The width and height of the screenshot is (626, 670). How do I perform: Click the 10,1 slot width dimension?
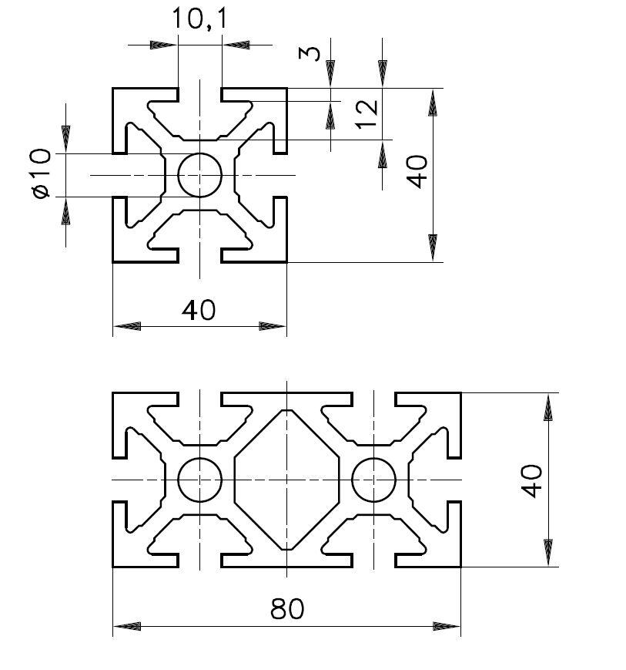199,19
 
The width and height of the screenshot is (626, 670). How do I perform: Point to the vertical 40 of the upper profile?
417,170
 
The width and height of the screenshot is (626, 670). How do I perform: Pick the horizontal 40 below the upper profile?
199,310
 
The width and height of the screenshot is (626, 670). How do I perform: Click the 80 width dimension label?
287,609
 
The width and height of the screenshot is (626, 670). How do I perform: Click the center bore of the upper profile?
200,175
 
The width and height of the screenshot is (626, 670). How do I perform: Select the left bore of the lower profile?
200,480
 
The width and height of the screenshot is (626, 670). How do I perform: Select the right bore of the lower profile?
374,480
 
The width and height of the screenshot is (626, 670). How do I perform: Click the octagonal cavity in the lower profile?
287,480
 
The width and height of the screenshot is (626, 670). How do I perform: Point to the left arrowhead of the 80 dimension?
128,626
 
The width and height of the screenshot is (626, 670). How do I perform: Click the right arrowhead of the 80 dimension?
447,626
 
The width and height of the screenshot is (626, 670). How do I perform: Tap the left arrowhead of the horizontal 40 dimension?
128,326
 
